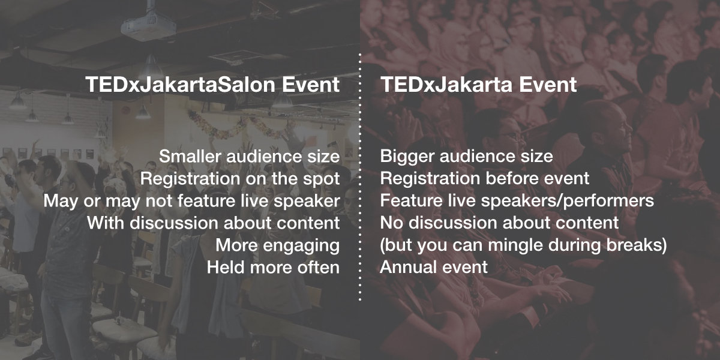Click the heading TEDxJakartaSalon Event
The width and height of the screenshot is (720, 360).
(x=212, y=85)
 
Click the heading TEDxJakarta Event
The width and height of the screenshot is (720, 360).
(x=478, y=85)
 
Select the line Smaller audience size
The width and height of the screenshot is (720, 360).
(x=250, y=157)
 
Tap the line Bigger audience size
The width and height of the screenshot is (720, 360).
(x=466, y=157)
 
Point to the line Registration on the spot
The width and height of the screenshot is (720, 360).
(x=240, y=179)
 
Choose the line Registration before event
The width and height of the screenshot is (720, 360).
(x=485, y=178)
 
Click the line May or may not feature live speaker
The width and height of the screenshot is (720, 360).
(x=191, y=201)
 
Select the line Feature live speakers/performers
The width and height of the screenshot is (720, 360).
(x=517, y=201)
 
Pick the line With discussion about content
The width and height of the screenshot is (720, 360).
(x=214, y=223)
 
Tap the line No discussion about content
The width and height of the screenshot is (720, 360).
(x=499, y=223)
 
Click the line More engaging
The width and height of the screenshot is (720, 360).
(x=278, y=245)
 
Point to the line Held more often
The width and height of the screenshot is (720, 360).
(x=273, y=267)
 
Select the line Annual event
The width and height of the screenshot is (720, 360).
(x=434, y=267)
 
